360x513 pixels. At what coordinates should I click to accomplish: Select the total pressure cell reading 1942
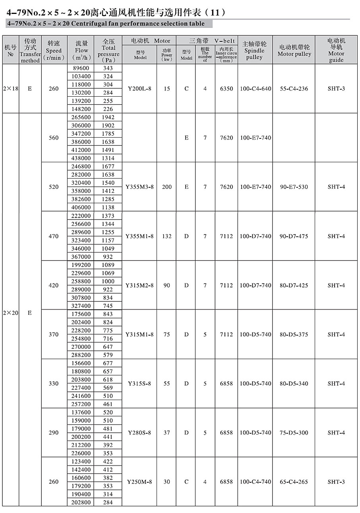click(108, 117)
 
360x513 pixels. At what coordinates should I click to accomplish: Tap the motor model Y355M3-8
click(139, 187)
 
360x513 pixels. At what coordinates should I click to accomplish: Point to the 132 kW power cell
click(167, 236)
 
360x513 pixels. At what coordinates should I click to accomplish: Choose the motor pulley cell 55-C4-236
click(294, 89)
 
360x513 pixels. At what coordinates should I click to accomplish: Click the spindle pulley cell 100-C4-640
click(255, 89)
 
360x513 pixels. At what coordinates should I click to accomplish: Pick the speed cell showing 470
click(54, 236)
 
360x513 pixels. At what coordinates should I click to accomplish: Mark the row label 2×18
click(10, 89)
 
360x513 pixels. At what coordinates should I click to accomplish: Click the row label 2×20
click(10, 313)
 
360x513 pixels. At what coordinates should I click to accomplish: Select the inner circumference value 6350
click(226, 89)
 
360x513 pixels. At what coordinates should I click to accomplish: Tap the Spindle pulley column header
click(254, 51)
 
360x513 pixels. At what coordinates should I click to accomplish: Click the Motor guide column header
click(336, 51)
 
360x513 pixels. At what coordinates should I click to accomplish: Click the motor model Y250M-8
click(139, 482)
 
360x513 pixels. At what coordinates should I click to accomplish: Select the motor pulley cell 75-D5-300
click(294, 433)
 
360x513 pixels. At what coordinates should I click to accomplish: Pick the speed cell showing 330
click(54, 383)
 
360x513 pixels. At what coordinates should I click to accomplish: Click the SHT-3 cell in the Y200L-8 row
click(336, 89)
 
